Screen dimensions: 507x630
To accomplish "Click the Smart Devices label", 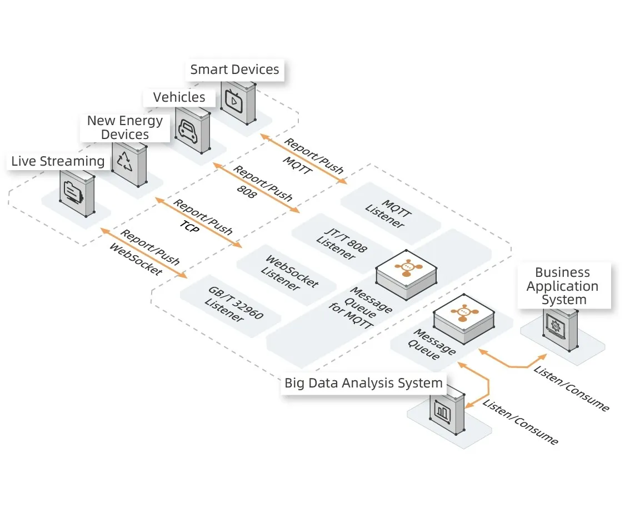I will [234, 69].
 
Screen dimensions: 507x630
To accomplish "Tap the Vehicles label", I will [179, 97].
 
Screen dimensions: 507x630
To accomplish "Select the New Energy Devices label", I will [125, 127].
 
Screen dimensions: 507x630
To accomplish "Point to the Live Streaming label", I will [58, 161].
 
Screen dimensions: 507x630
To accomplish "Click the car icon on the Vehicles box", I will [186, 129].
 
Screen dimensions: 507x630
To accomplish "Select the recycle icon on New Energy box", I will [124, 161].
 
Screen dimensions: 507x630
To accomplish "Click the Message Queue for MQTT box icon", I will [406, 266].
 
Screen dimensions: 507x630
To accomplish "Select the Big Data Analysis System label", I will [363, 382].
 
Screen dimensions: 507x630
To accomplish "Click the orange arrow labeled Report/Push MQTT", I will [303, 158].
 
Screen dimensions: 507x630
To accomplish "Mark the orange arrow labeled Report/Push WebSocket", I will [143, 252].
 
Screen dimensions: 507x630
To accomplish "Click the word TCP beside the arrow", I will [188, 225].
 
